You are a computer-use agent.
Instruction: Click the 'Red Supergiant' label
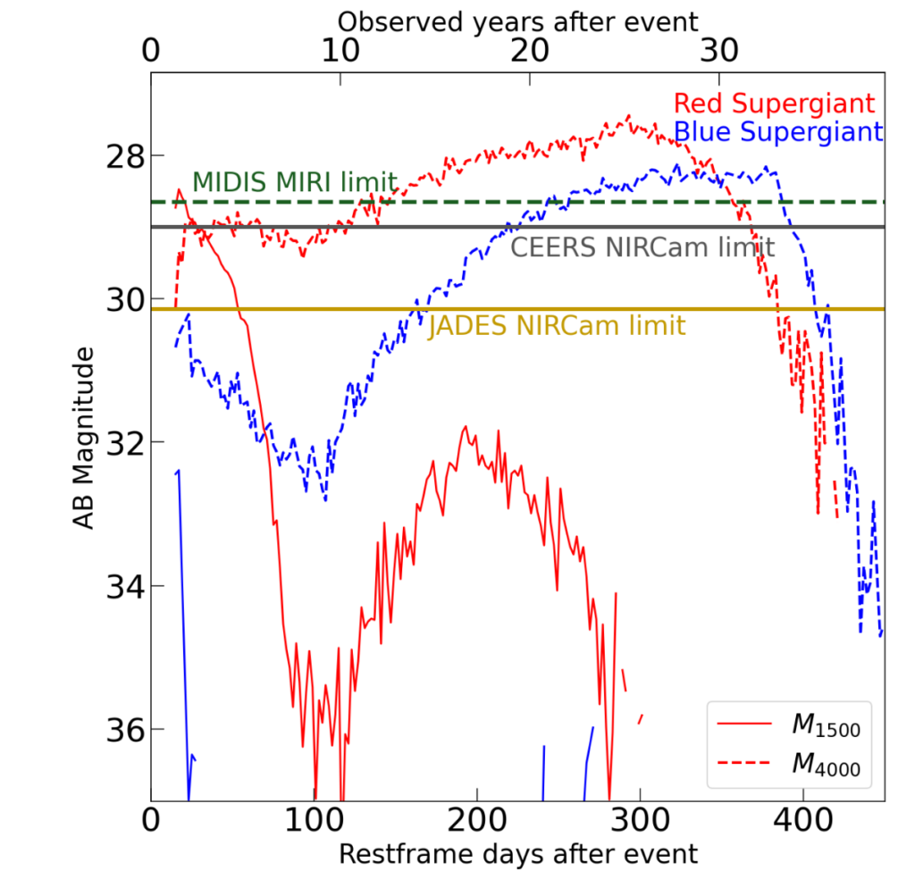(x=774, y=103)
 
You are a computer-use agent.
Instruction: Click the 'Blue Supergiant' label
(x=778, y=132)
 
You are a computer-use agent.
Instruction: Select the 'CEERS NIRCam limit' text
(x=642, y=247)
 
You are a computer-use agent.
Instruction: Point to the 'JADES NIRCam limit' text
(x=557, y=326)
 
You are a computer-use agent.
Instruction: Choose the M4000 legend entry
(x=826, y=765)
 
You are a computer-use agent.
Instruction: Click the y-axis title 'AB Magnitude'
(x=84, y=439)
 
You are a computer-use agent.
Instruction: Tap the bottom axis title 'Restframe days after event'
(x=518, y=854)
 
